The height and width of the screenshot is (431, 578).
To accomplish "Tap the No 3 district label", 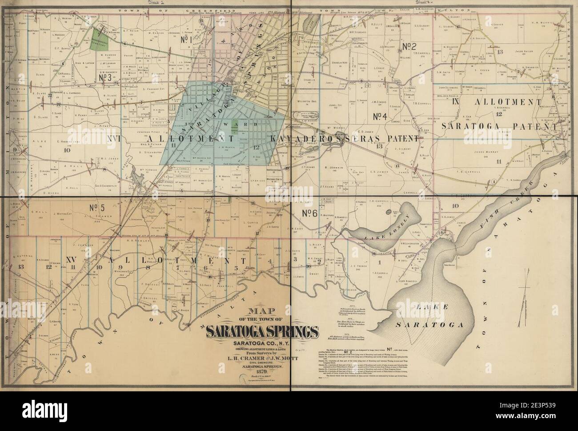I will coord(103,77).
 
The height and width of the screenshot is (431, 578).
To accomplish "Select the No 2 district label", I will coord(409,46).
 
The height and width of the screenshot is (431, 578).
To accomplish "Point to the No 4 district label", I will coord(382,117).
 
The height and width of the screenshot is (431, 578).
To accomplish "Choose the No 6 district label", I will coord(309,213).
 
